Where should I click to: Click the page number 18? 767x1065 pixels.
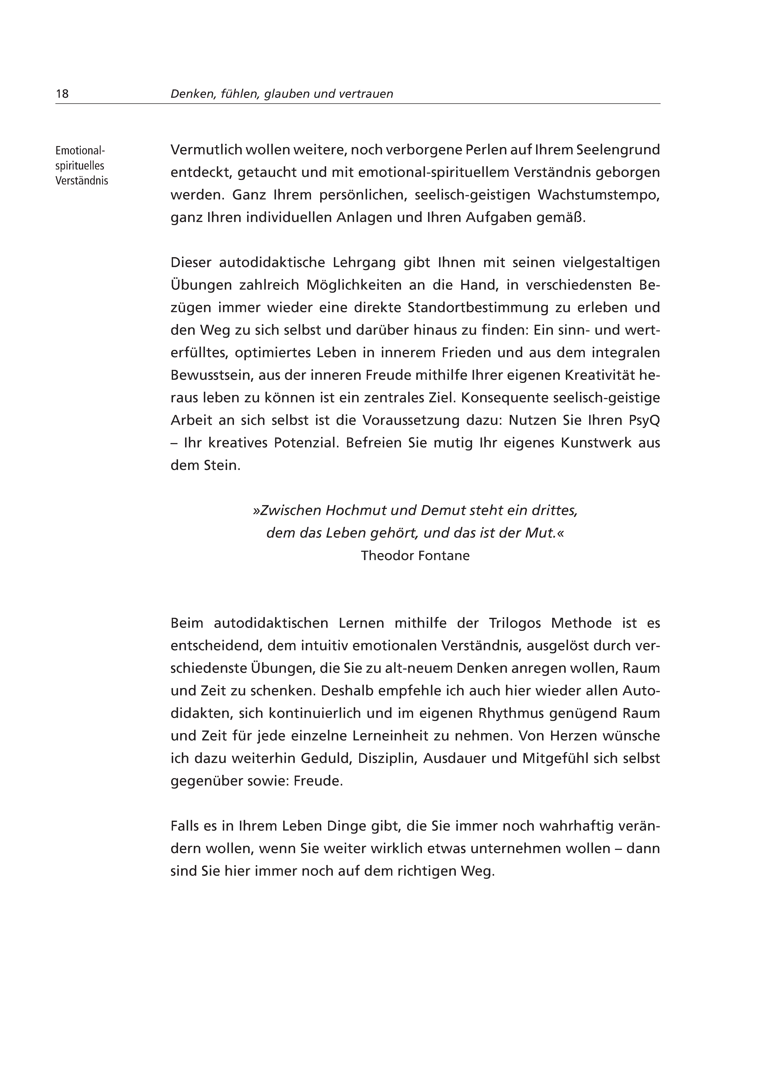(x=62, y=94)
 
